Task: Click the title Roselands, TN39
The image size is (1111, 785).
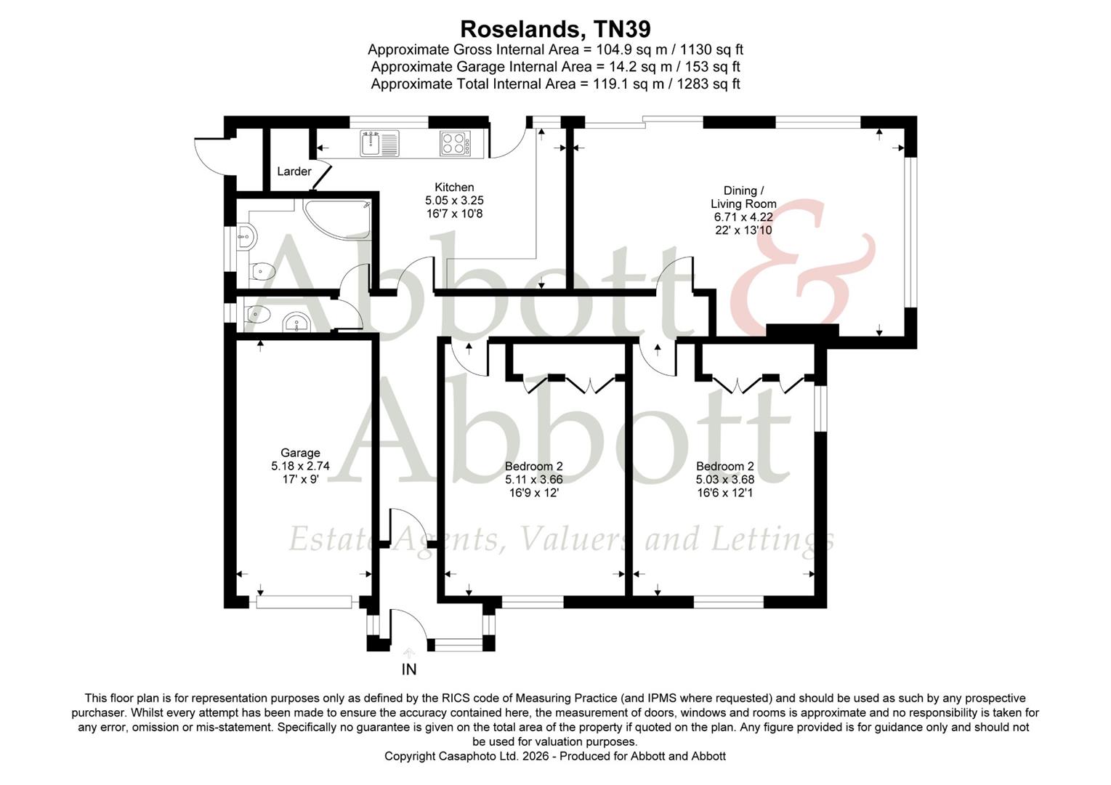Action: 555,29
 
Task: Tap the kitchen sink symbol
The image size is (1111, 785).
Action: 379,142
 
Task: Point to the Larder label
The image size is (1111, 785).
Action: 294,172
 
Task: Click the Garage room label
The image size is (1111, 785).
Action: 300,453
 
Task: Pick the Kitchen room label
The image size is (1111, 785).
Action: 454,188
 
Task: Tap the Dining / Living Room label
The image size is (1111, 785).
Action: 743,197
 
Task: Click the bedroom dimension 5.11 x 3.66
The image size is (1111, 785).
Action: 533,480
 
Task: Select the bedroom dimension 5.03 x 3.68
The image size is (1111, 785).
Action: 724,480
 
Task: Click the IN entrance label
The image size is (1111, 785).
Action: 409,669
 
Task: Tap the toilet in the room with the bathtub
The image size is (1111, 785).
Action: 258,271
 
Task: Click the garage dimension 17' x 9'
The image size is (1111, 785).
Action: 300,480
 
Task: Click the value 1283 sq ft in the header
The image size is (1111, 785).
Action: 708,84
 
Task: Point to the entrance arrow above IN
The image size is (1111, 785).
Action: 408,653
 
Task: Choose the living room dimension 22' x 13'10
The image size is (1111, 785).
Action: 743,230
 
